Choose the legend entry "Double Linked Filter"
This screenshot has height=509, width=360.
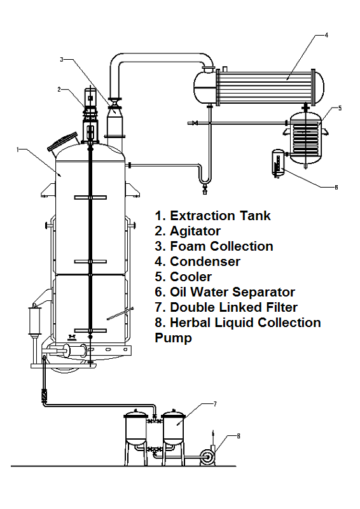(x=233, y=307)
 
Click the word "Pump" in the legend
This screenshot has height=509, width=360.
(x=174, y=338)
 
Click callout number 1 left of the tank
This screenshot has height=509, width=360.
(x=19, y=150)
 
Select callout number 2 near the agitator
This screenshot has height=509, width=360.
(x=59, y=90)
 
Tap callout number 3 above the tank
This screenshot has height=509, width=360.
(x=62, y=60)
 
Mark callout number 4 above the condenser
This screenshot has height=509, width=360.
(x=326, y=35)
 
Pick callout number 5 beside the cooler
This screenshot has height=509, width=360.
(x=340, y=108)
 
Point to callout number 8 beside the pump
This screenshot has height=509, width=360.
(x=239, y=436)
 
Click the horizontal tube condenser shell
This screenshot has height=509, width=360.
(x=267, y=84)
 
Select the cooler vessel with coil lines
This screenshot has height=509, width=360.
(x=306, y=137)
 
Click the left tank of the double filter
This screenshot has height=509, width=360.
(x=135, y=428)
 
